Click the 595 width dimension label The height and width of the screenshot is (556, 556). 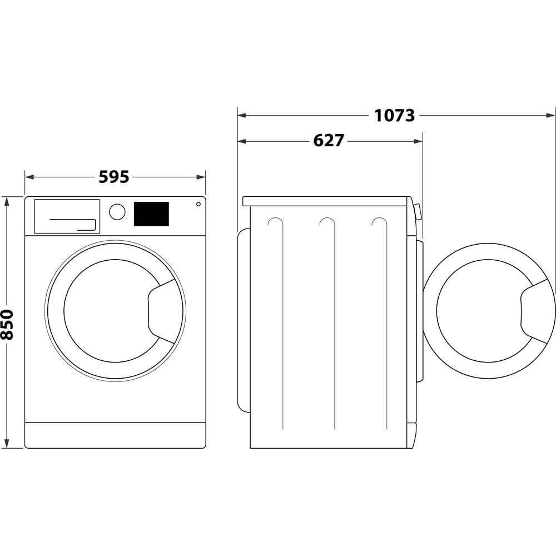[x=114, y=177]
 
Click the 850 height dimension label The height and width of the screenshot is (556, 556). [x=7, y=324]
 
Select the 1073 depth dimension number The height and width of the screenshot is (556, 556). [x=394, y=116]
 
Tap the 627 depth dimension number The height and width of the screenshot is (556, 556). [x=329, y=141]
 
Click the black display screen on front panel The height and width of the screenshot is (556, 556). [x=151, y=214]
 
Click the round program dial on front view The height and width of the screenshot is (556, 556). [x=117, y=212]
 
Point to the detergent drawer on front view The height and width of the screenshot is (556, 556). [x=67, y=216]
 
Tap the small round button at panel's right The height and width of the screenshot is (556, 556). [x=198, y=204]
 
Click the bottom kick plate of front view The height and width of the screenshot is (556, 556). [x=115, y=435]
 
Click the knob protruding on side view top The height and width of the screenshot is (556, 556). [x=418, y=212]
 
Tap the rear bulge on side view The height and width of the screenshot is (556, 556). [x=243, y=321]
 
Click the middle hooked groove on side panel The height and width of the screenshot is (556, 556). [x=329, y=222]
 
